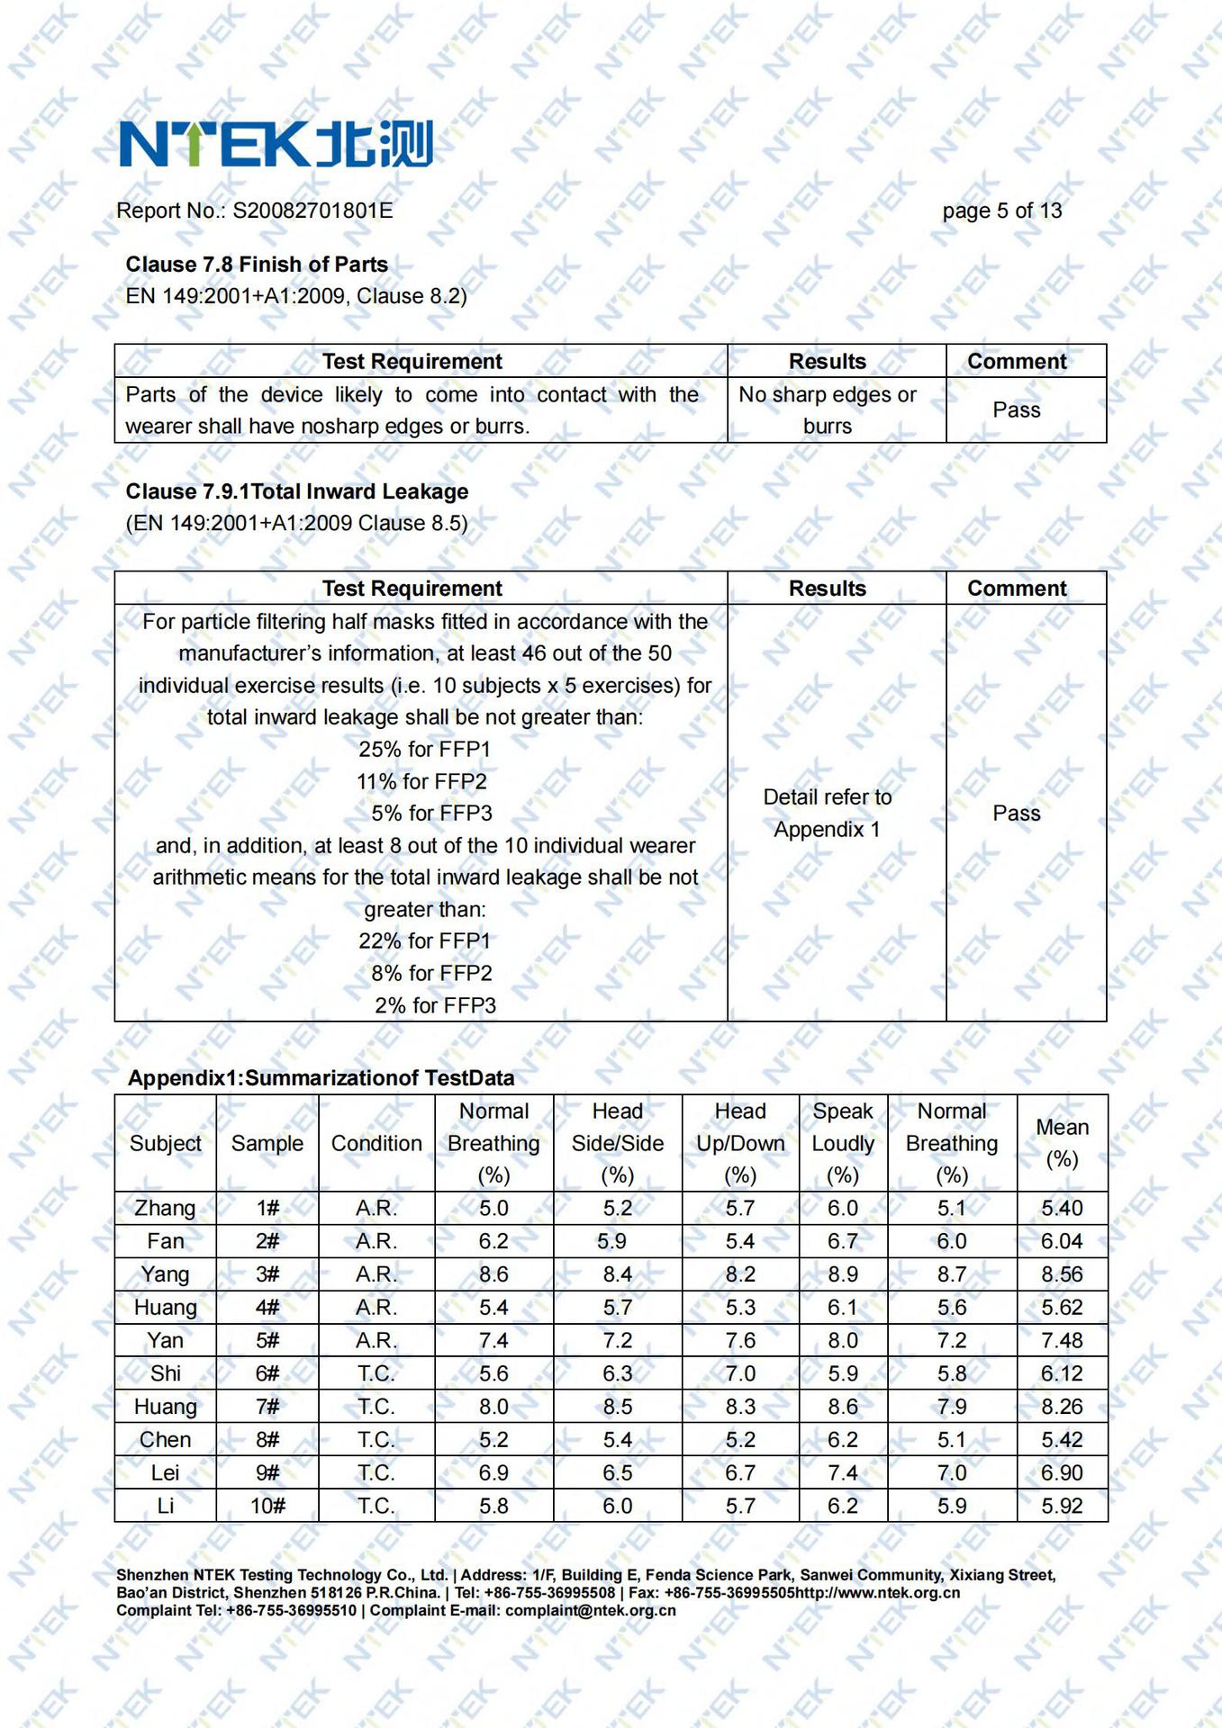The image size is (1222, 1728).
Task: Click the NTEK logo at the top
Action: (276, 144)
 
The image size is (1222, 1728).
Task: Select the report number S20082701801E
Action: (312, 211)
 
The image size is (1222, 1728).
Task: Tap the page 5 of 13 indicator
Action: (1001, 211)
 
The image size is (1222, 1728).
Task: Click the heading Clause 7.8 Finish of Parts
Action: (257, 265)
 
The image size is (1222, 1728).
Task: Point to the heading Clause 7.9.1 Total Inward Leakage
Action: (297, 491)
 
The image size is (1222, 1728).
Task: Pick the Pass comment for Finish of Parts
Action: (1017, 410)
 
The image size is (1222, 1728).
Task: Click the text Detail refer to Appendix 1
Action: (828, 813)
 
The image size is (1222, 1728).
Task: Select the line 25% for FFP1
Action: (424, 749)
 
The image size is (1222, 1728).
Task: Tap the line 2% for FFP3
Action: (435, 1005)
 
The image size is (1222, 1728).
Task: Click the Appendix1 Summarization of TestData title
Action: (321, 1078)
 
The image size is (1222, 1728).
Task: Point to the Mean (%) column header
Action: (1062, 1143)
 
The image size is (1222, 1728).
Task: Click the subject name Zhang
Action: (165, 1208)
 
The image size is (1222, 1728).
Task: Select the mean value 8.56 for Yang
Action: (1062, 1274)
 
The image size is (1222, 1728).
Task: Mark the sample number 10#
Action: (267, 1506)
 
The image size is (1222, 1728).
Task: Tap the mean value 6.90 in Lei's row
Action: (1062, 1472)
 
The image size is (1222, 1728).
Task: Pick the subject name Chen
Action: (165, 1439)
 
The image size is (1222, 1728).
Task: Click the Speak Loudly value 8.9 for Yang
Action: (843, 1274)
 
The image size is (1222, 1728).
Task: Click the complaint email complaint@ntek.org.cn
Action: (590, 1610)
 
